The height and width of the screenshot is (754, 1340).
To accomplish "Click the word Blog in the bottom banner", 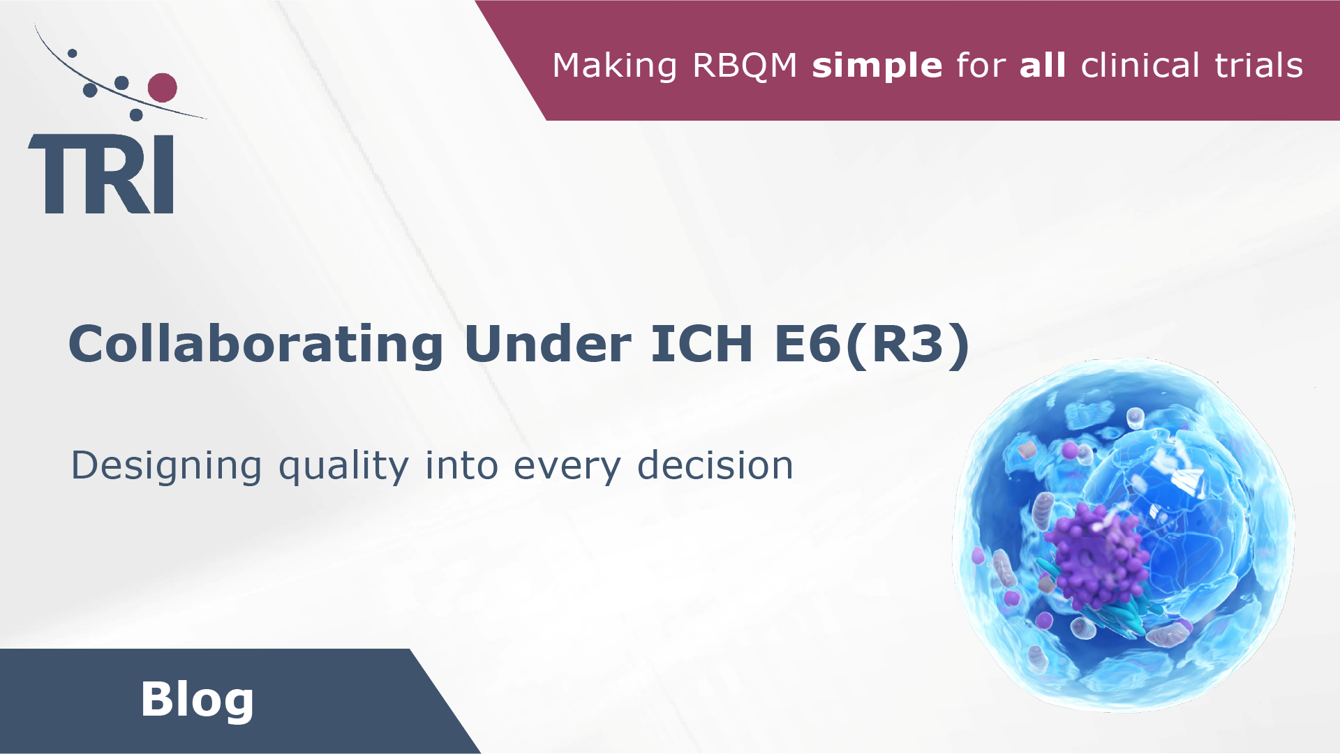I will tap(197, 699).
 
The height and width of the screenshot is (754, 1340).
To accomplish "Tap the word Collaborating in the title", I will tap(255, 344).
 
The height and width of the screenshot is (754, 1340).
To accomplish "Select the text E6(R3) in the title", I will tap(872, 344).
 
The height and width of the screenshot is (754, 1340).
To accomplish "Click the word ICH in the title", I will tap(701, 344).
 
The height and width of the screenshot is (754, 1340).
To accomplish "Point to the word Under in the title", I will tap(547, 344).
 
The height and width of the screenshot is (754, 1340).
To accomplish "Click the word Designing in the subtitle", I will tap(166, 466).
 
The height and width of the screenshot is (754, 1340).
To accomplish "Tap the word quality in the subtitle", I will tap(343, 466).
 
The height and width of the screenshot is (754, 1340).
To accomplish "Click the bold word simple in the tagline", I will tap(877, 66).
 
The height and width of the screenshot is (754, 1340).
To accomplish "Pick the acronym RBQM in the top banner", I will tap(745, 66).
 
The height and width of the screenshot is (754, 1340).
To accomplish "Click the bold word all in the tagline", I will tap(1043, 66).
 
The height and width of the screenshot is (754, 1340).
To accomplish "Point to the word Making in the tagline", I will tap(614, 66).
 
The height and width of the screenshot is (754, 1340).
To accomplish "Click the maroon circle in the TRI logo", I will tap(163, 88).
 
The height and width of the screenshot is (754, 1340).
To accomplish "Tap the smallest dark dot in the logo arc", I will tap(72, 53).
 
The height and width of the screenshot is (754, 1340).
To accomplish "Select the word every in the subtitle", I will tap(567, 466).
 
